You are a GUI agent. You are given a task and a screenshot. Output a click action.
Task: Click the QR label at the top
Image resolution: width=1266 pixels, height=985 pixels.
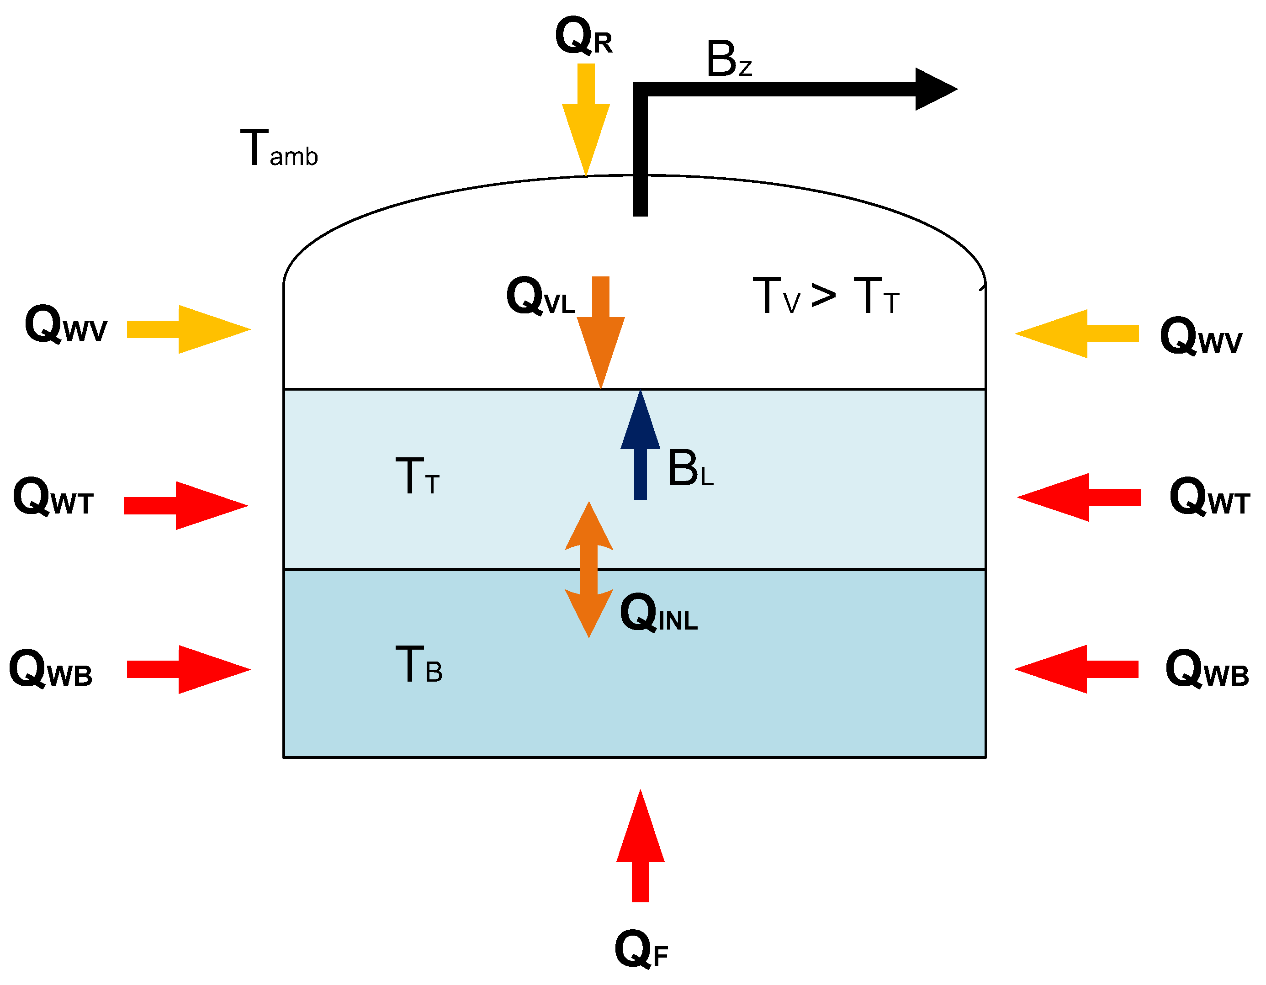pos(583,37)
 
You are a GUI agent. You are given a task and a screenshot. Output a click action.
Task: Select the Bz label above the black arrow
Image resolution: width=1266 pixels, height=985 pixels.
pos(729,60)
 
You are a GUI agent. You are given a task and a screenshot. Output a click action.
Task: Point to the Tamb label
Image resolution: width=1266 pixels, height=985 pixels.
pos(279,149)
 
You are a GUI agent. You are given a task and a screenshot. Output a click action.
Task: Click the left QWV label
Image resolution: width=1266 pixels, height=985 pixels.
pos(65,325)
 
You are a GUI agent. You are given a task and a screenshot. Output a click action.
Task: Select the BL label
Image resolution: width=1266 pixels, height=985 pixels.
pos(690,468)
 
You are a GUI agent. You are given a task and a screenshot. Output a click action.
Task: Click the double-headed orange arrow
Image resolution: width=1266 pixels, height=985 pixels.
pos(589,570)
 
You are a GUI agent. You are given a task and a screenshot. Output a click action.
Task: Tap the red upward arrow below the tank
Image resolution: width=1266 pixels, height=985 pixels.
pos(640,847)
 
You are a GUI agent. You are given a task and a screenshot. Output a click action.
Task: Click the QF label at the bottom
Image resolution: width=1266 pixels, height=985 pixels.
pos(641,949)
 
